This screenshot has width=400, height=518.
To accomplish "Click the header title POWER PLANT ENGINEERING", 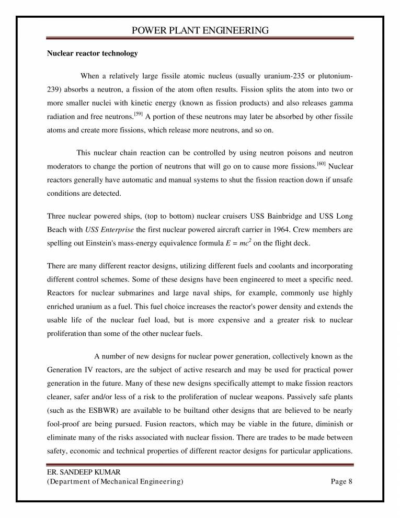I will click(x=200, y=30).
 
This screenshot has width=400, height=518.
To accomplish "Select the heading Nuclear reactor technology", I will click(x=93, y=53).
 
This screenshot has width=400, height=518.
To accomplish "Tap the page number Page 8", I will click(x=342, y=482).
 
